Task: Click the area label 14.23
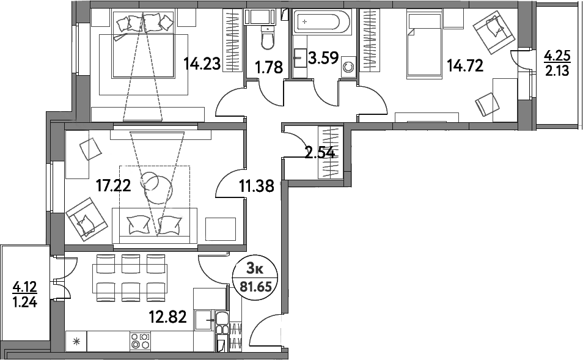tap(203, 64)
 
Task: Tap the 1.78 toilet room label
tap(269, 67)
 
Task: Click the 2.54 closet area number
tap(319, 152)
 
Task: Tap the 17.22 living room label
tap(114, 185)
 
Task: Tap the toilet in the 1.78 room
tap(266, 39)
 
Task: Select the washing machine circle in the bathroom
tap(349, 66)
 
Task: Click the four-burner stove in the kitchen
tap(140, 340)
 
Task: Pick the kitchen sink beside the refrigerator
tap(203, 320)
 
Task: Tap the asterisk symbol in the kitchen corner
tap(76, 342)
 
